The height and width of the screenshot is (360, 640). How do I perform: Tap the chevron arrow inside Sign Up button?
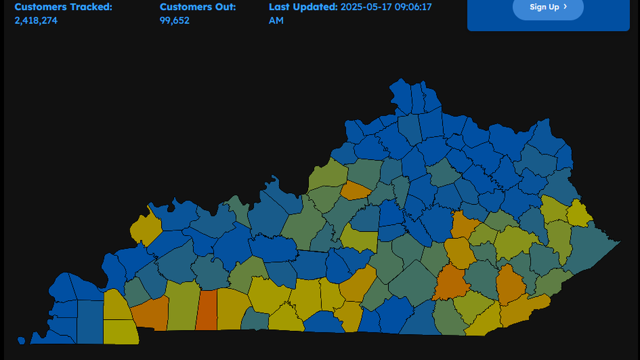click(x=565, y=7)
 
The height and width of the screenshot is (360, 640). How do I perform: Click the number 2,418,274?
click(x=36, y=20)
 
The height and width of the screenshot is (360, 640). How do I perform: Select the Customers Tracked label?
click(x=63, y=7)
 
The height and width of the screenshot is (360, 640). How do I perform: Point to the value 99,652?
click(x=175, y=20)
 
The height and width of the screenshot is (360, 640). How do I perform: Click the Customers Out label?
click(x=198, y=7)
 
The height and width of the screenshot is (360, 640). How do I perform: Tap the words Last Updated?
click(x=303, y=7)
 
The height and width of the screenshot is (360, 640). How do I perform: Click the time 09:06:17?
click(x=413, y=7)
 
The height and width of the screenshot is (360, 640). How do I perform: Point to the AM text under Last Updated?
click(x=276, y=20)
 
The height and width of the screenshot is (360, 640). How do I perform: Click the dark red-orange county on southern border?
click(x=207, y=310)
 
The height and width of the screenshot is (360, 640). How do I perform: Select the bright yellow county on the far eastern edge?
click(x=579, y=214)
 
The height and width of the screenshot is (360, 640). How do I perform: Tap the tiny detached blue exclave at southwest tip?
click(x=21, y=340)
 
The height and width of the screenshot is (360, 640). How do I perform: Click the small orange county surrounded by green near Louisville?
click(x=355, y=190)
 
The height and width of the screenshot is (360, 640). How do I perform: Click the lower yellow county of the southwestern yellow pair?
click(x=121, y=332)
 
